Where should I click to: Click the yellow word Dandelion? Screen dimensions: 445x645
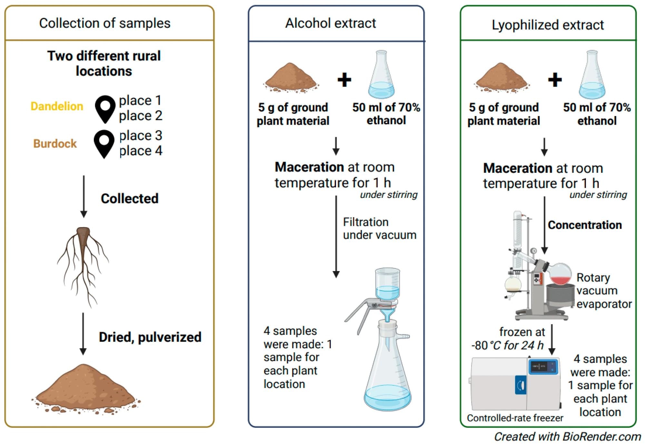pos(57,106)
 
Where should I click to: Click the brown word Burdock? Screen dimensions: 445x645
pos(55,144)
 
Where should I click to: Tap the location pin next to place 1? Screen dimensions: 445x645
pos(105,108)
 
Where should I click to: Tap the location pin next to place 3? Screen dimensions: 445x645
pos(104,143)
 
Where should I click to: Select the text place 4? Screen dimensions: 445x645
pos(141,151)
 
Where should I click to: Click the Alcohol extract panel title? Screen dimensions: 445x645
pos(330,23)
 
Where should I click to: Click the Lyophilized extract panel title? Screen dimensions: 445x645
pos(547,25)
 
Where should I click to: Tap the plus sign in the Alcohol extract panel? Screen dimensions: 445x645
pos(344,80)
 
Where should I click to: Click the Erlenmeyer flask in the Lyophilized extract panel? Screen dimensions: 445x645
pos(592,76)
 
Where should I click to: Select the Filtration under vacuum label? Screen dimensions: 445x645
pos(379,228)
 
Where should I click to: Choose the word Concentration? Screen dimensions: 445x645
pos(584,225)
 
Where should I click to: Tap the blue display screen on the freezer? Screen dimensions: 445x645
pos(542,367)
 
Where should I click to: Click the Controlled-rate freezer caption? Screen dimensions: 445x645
pos(515,418)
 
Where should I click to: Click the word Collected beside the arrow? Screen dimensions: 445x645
pos(129,198)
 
